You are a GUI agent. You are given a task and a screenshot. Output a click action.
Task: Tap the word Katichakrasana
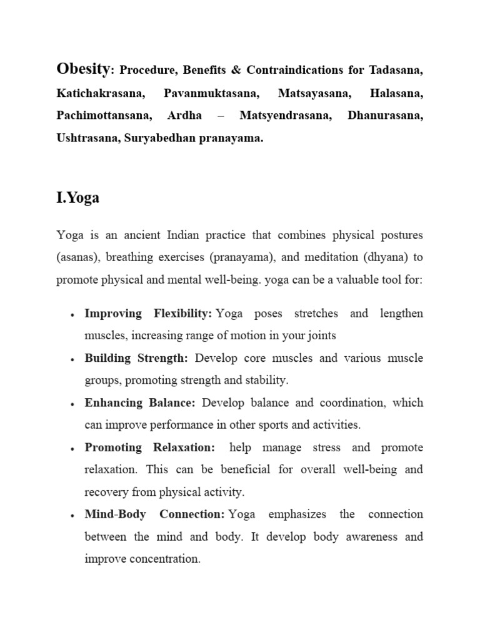100,93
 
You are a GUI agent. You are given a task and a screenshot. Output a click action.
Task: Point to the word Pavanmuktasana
211,93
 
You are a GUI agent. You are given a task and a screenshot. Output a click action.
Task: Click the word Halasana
396,93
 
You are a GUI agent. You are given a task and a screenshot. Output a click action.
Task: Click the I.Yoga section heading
77,198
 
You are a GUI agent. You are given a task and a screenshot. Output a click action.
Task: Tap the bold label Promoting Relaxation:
150,448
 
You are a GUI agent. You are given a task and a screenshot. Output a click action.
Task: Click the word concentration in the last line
164,559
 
